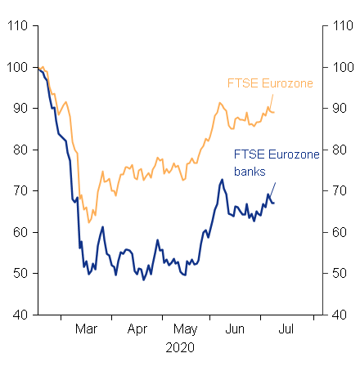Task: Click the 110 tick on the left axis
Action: pyautogui.click(x=20, y=26)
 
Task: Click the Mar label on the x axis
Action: pyautogui.click(x=87, y=329)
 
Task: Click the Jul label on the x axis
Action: pyautogui.click(x=287, y=329)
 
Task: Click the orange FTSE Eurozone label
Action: pyautogui.click(x=269, y=83)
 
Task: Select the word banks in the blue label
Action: pyautogui.click(x=250, y=172)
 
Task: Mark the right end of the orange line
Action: pyautogui.click(x=274, y=112)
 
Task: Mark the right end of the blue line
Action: pyautogui.click(x=274, y=203)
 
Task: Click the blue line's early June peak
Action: pyautogui.click(x=222, y=180)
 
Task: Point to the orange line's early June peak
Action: pyautogui.click(x=219, y=103)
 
